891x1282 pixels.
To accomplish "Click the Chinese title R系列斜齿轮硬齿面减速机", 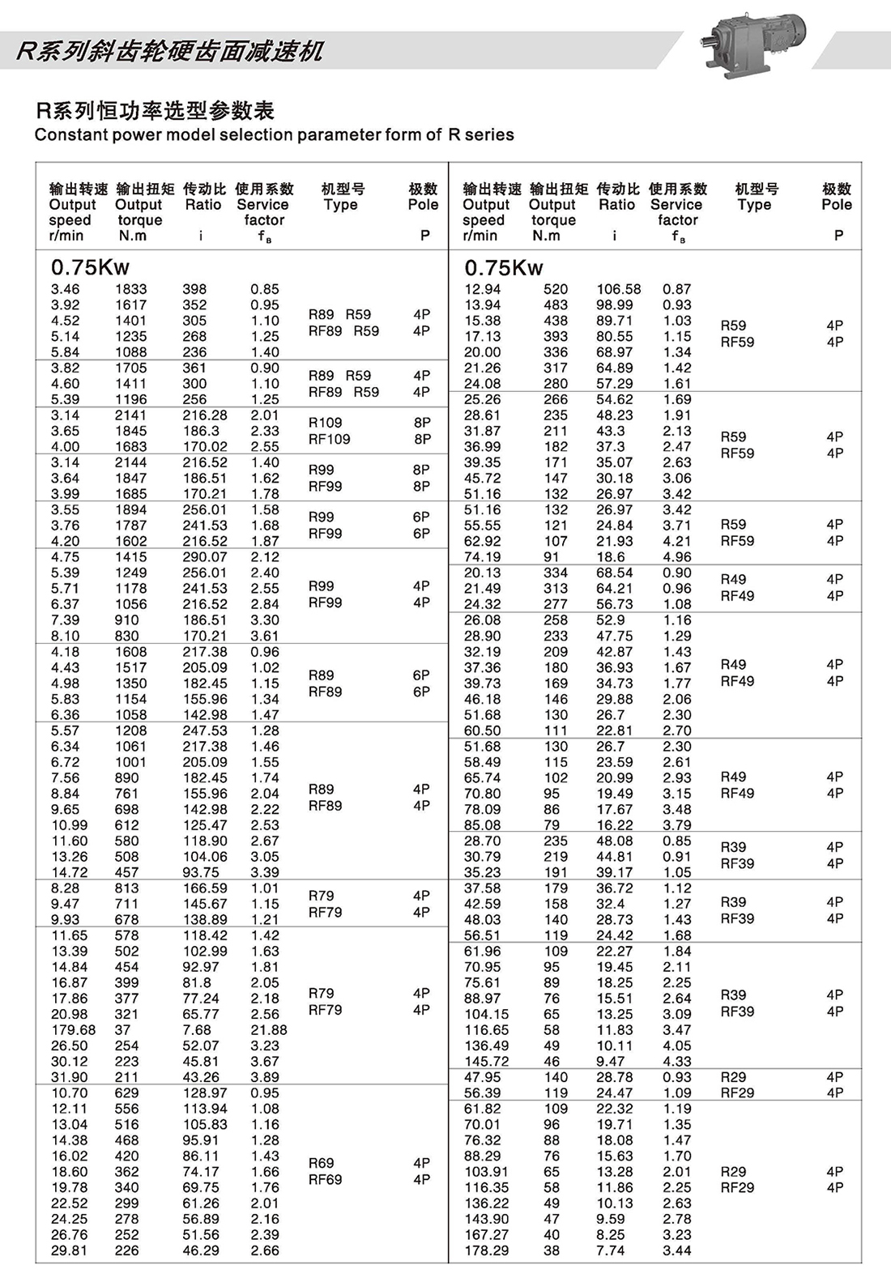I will (169, 51).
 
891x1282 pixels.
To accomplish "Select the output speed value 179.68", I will (74, 1030).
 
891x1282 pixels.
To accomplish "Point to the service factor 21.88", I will (269, 1030).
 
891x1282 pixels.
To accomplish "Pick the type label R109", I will (326, 423).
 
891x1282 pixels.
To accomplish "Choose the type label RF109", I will (330, 439).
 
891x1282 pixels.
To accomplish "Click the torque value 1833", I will (131, 289).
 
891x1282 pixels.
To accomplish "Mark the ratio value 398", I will (194, 289).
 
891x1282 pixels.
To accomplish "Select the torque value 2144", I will (131, 462).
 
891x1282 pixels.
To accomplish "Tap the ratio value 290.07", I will (205, 557).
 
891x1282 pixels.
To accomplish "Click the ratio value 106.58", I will (619, 289).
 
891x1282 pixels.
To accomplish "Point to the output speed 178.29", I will (487, 1250).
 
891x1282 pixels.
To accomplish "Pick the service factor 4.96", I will (677, 557).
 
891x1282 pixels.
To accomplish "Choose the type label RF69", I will (326, 1180).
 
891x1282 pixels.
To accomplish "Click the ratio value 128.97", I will (205, 1093).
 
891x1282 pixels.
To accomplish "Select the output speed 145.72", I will (487, 1062).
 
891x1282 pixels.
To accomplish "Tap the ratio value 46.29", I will (201, 1250).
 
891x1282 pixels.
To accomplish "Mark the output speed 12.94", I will (483, 289).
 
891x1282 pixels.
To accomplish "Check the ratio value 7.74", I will (611, 1250).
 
